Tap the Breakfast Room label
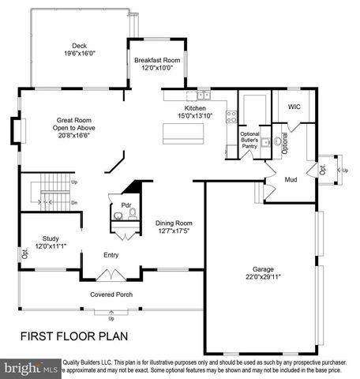coord(157,61)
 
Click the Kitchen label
coord(195,108)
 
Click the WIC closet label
coord(294,106)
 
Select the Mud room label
coord(291,181)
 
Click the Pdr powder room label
coord(126,205)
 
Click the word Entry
coord(111,255)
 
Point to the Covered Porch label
coord(111,295)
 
